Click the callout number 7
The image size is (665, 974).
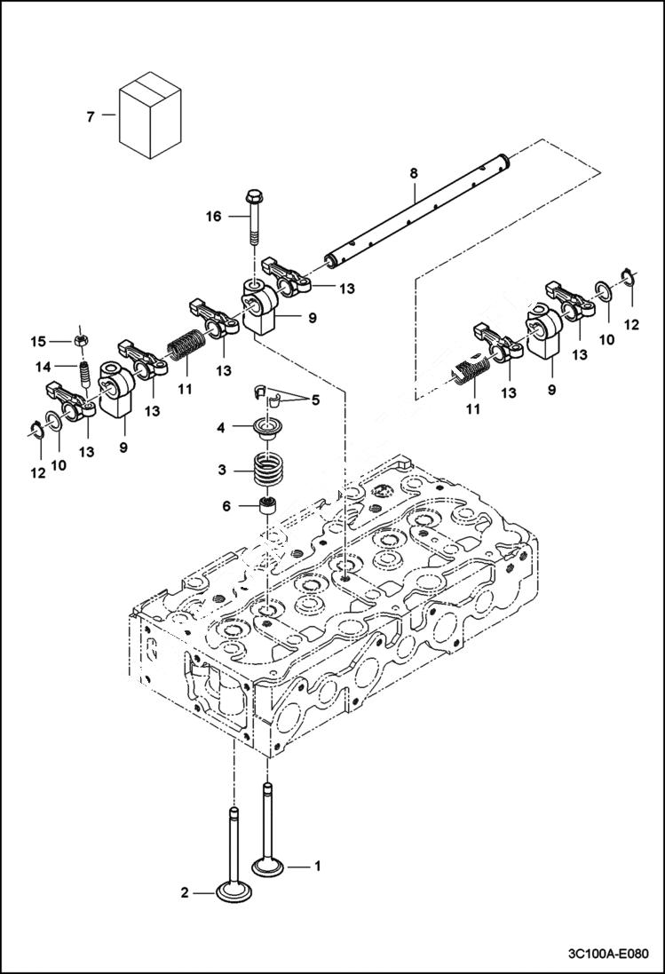89,115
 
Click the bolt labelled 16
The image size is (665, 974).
252,218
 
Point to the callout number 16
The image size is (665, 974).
213,216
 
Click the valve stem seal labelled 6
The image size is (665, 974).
265,509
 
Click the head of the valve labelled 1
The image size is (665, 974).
266,866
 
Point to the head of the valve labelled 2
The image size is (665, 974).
234,891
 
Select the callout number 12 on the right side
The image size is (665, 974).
631,326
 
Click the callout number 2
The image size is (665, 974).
185,892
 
